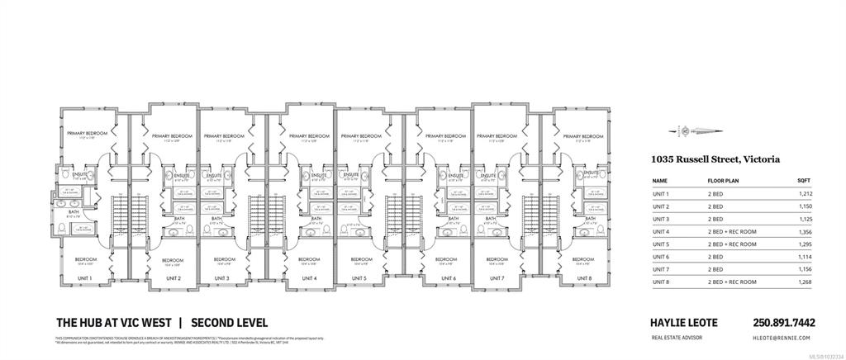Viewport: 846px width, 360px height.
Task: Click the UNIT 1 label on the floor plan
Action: click(85, 278)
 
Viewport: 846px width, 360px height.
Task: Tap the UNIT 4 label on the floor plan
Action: click(309, 278)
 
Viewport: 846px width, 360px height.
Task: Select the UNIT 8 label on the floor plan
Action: click(583, 278)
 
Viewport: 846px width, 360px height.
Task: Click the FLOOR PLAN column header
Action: click(723, 180)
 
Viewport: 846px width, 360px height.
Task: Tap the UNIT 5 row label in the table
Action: click(660, 245)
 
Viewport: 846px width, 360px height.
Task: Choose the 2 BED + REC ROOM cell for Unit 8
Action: click(730, 283)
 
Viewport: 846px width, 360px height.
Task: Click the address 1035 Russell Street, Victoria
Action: click(715, 159)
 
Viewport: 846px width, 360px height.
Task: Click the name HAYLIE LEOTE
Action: click(683, 323)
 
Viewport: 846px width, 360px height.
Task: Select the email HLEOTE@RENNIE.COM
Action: click(782, 338)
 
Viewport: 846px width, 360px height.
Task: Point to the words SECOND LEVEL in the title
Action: click(229, 323)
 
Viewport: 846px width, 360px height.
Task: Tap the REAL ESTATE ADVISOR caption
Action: click(674, 338)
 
